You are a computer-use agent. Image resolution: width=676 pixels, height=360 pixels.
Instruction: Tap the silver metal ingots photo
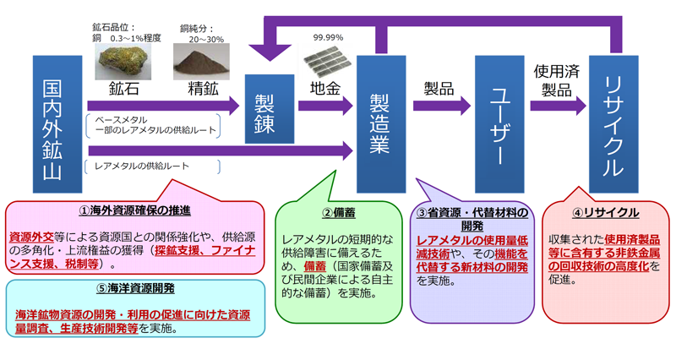326,62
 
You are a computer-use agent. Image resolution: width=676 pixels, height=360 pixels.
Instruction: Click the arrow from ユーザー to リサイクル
559,106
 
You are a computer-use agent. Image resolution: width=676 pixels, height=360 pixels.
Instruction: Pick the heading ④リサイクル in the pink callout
604,213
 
